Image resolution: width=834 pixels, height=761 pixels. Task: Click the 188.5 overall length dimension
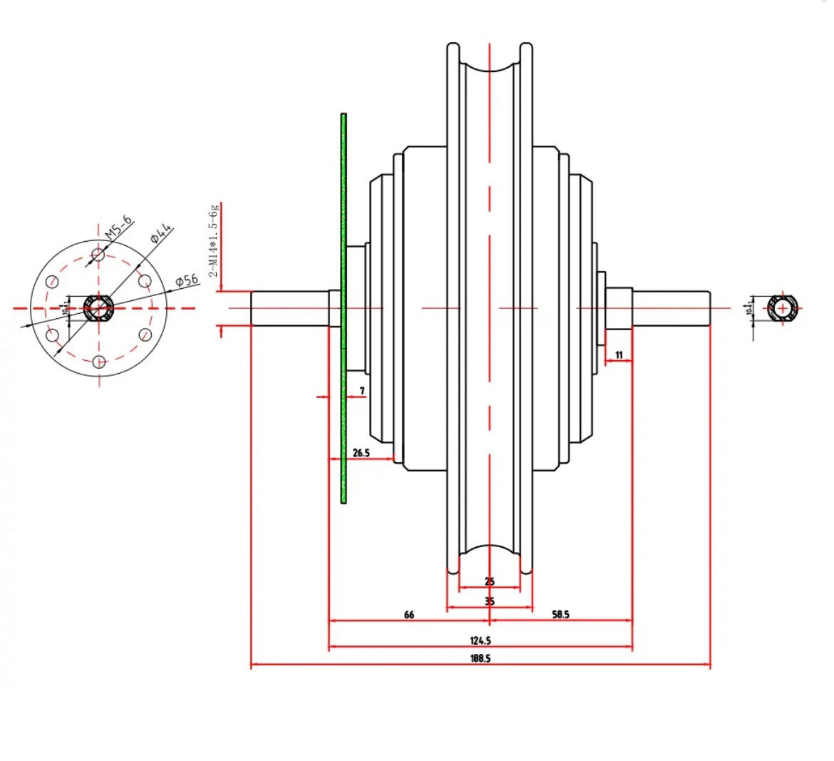click(480, 658)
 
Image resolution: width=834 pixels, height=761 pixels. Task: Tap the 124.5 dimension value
click(480, 640)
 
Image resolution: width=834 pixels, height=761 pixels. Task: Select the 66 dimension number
click(409, 614)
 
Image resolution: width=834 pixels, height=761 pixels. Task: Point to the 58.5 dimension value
click(561, 614)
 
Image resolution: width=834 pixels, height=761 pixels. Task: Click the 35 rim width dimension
click(490, 601)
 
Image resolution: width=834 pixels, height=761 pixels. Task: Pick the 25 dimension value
click(490, 581)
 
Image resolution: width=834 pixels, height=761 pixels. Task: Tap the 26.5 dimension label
click(361, 452)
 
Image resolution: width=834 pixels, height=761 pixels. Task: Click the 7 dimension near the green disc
click(362, 391)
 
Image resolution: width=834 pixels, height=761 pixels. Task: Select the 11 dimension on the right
click(619, 354)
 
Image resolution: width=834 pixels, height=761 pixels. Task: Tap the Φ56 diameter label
click(186, 280)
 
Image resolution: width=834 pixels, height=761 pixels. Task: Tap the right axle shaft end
click(706, 309)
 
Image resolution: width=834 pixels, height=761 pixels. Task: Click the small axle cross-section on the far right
click(783, 309)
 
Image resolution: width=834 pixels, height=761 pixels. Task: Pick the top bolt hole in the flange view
click(98, 255)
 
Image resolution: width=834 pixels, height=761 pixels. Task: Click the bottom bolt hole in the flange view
click(99, 362)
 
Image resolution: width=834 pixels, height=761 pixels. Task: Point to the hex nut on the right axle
click(619, 309)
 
